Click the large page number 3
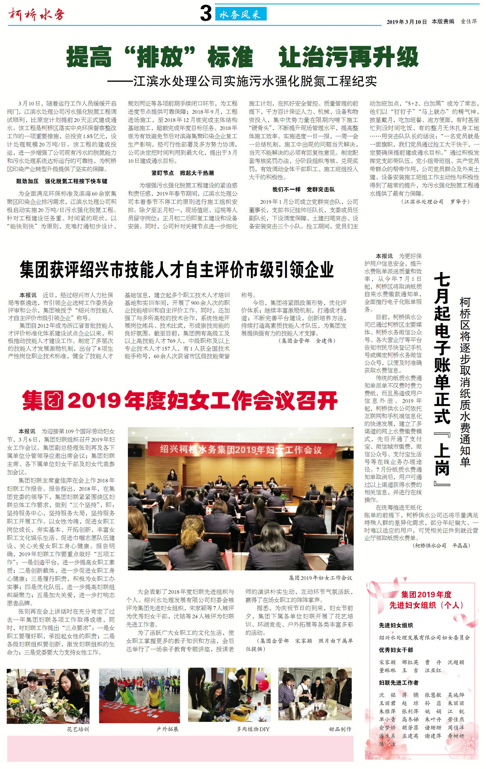(x=205, y=14)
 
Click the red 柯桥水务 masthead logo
(x=37, y=14)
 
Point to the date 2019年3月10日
(x=406, y=22)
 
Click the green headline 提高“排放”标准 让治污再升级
(x=242, y=57)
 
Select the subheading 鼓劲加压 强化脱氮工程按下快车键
(x=62, y=181)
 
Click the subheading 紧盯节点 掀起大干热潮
(x=183, y=173)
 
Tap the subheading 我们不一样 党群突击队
(x=303, y=189)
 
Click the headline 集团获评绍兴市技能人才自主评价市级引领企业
(x=176, y=269)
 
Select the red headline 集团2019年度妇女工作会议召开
(x=180, y=401)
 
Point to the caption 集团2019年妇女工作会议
(x=320, y=578)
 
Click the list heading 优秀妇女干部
(x=396, y=650)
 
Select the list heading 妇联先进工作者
(x=398, y=683)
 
